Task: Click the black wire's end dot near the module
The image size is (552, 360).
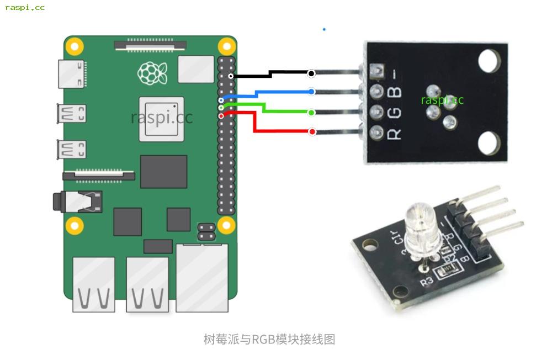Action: tap(311, 73)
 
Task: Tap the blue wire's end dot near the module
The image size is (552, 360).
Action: tap(311, 92)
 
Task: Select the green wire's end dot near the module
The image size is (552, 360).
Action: tap(311, 113)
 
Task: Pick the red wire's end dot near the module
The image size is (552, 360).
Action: tap(312, 131)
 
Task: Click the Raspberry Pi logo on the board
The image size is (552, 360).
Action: tap(152, 73)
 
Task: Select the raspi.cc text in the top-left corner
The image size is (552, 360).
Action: tap(25, 8)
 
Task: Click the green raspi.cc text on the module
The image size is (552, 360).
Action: tap(442, 100)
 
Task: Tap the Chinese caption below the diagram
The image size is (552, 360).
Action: tap(269, 339)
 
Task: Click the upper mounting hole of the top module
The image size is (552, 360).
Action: tap(489, 61)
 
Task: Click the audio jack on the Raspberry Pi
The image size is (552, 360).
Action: tap(77, 201)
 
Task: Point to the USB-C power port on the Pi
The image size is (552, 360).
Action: tap(71, 73)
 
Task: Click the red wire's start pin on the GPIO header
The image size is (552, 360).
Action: tap(221, 116)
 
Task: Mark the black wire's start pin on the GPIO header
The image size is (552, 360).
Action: tap(231, 76)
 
